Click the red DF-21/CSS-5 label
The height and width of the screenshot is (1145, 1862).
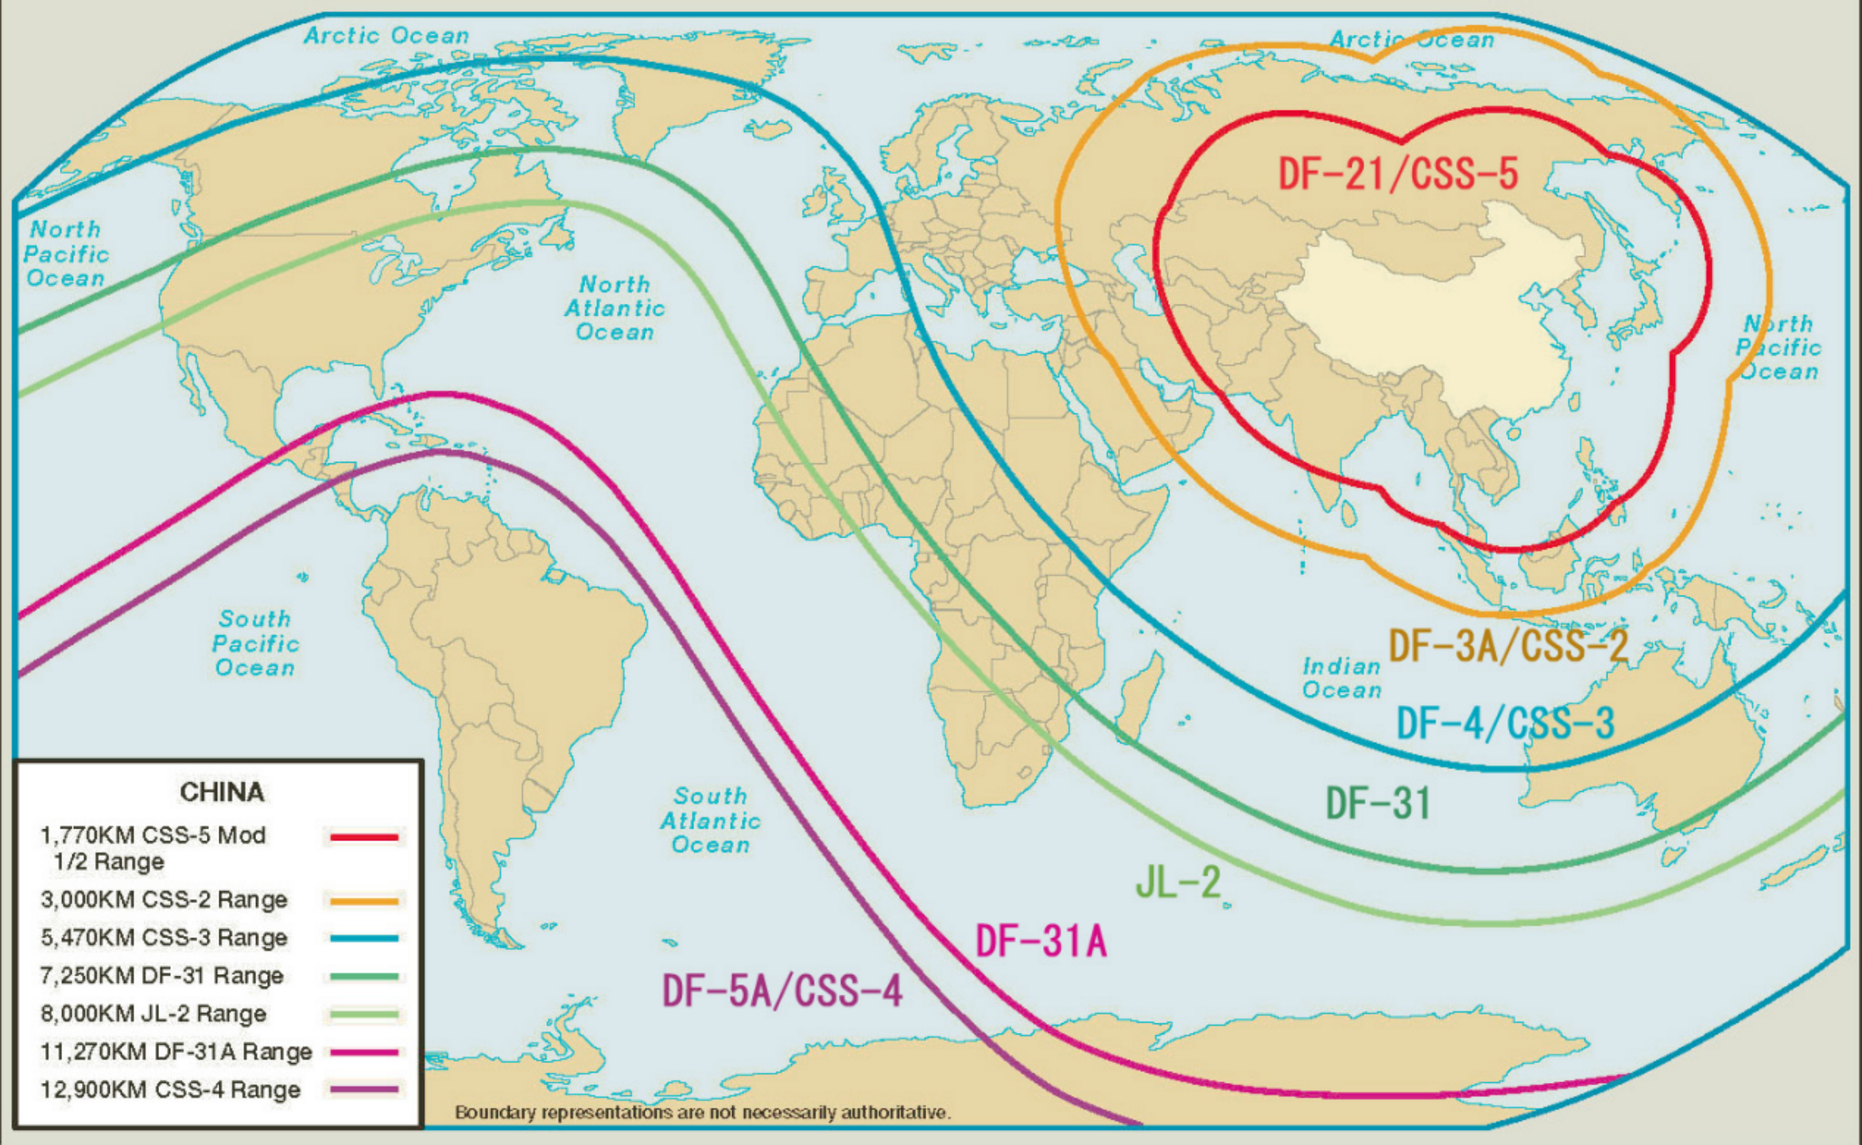point(1397,174)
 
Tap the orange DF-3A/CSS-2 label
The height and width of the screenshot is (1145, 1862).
point(1507,646)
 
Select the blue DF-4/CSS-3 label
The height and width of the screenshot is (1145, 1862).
point(1505,724)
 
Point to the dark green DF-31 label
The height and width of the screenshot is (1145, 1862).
point(1378,803)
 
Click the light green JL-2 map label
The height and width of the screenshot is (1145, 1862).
point(1177,882)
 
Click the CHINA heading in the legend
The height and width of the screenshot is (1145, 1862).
point(222,792)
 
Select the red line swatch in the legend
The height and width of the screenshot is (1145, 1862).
point(364,837)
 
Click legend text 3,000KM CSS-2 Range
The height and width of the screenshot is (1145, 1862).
point(164,900)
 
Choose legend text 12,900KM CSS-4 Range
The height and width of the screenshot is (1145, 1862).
point(170,1090)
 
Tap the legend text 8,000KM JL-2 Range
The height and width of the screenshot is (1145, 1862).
point(153,1014)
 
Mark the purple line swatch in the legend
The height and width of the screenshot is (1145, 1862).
point(364,1090)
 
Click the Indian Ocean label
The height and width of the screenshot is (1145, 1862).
point(1341,678)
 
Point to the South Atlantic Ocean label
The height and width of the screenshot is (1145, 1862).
point(710,821)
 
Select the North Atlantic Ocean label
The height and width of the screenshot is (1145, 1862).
point(615,309)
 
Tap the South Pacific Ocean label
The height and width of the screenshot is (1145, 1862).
point(255,643)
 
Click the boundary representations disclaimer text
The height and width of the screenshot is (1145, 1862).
point(702,1112)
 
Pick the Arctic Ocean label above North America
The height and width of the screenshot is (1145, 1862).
point(386,36)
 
